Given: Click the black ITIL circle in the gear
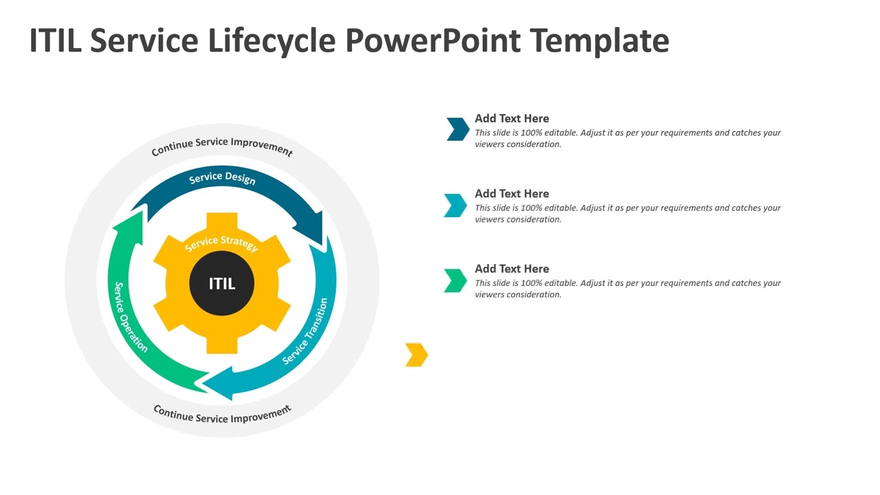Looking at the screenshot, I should pos(221,283).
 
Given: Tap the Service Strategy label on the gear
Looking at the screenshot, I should pos(221,243).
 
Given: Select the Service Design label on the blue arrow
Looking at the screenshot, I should pos(222,178).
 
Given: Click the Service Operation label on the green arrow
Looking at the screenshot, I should pos(130,317).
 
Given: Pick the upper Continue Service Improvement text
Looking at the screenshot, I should pos(221,145).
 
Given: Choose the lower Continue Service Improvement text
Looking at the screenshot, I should pos(221,415).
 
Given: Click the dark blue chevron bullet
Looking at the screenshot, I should pos(458,129).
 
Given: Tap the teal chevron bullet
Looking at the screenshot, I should pos(455,205).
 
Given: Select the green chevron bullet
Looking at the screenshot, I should pos(455,280).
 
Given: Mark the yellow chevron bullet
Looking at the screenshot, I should pos(417,355).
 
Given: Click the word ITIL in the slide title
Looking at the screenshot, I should pos(55,41).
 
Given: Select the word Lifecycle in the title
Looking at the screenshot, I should pos(272,41).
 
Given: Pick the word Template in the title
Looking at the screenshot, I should pos(599,41).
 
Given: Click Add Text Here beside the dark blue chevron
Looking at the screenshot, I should pos(511,118).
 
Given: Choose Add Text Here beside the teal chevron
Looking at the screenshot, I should pos(511,193).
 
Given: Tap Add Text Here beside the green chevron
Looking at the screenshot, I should pos(511,269).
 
